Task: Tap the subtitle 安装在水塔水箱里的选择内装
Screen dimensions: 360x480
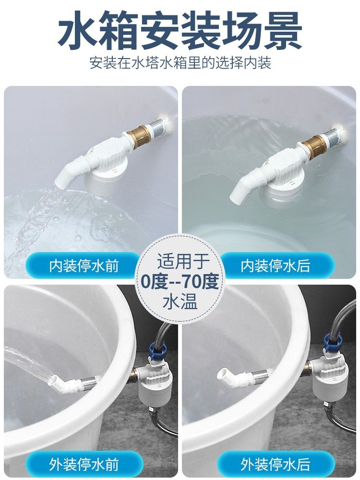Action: [x=180, y=63]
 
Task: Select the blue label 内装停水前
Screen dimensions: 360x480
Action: [x=84, y=265]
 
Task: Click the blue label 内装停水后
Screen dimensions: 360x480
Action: [x=275, y=265]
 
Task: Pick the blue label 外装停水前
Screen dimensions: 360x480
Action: [x=84, y=464]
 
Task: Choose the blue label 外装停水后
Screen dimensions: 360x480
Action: [x=275, y=464]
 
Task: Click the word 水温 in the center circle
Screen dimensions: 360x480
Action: [x=180, y=301]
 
